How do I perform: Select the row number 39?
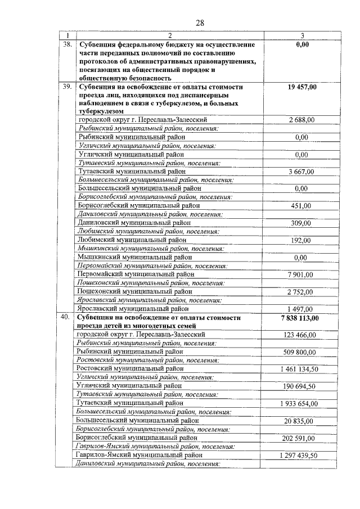pyautogui.click(x=67, y=87)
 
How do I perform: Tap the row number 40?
pyautogui.click(x=67, y=318)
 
